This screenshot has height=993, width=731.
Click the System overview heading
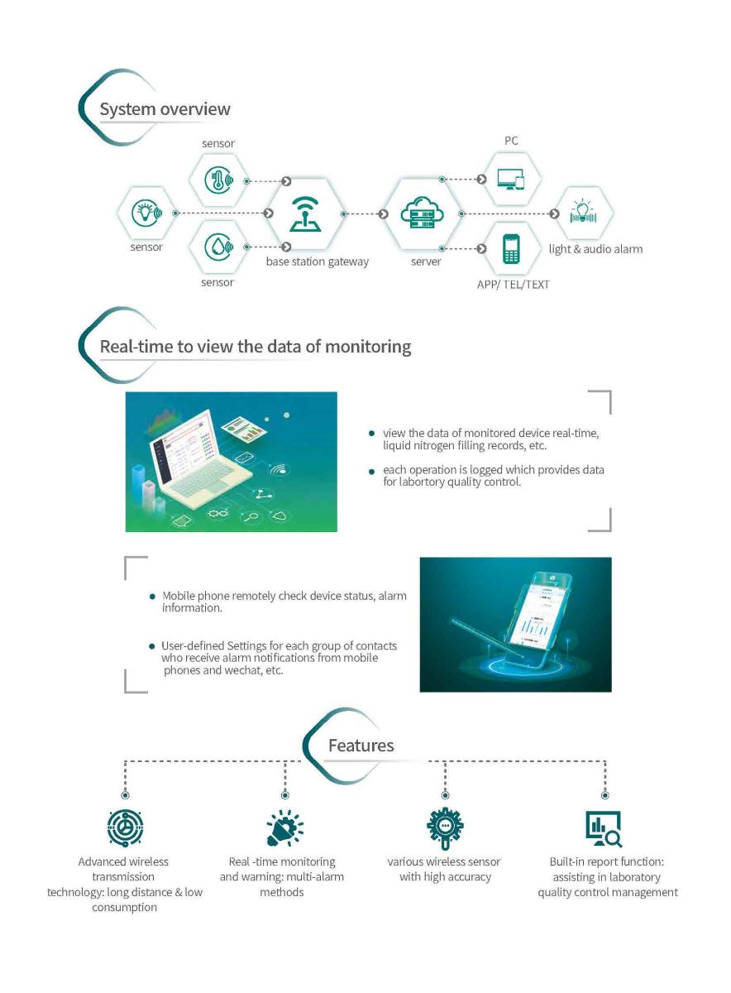click(x=165, y=109)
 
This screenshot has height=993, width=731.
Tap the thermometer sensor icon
click(x=219, y=180)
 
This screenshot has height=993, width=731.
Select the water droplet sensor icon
click(x=219, y=247)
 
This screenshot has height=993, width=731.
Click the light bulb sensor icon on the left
click(x=147, y=213)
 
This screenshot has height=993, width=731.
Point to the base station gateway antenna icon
click(x=305, y=214)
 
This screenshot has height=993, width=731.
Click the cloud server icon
click(x=422, y=213)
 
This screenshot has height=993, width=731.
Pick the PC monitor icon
click(x=511, y=179)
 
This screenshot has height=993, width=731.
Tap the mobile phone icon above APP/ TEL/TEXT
click(x=511, y=248)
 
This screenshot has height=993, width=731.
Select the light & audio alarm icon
click(x=583, y=212)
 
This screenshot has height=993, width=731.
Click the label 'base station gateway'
click(x=318, y=261)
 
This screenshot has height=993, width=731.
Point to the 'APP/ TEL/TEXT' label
click(x=513, y=284)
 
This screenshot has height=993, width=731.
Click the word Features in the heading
click(x=361, y=746)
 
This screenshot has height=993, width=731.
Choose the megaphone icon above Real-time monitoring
click(x=284, y=827)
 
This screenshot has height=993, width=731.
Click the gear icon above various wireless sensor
click(x=445, y=827)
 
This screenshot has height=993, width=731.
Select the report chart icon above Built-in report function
click(x=604, y=829)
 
